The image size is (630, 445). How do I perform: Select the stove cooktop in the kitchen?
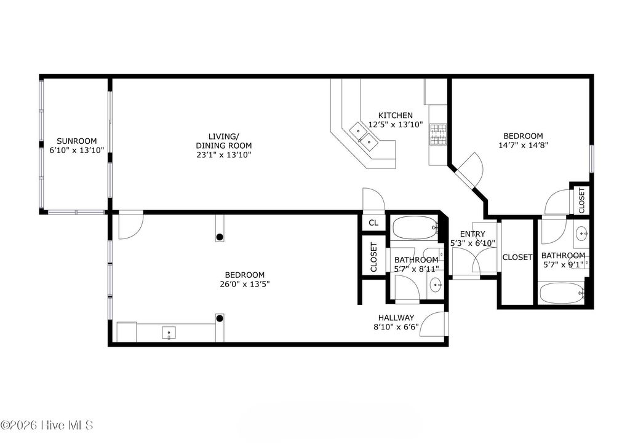(x=438, y=135)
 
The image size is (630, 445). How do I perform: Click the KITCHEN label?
(x=395, y=116)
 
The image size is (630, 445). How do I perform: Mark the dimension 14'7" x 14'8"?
(x=523, y=146)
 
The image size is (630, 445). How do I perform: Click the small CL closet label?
(x=373, y=222)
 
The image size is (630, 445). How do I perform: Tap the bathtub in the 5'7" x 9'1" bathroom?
(x=562, y=293)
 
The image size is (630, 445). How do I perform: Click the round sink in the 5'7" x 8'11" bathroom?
(x=436, y=284)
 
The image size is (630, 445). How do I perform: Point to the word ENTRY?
(x=472, y=234)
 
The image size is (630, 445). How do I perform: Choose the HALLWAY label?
(x=396, y=318)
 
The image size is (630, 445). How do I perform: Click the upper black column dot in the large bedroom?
(x=220, y=237)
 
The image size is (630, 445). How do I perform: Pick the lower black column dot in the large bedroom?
(x=220, y=318)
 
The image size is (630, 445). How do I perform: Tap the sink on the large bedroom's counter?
(x=169, y=334)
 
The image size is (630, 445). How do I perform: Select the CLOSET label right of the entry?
(x=517, y=258)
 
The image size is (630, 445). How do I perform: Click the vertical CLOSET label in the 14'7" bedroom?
(x=581, y=200)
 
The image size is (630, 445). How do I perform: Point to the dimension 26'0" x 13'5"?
(x=244, y=284)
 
